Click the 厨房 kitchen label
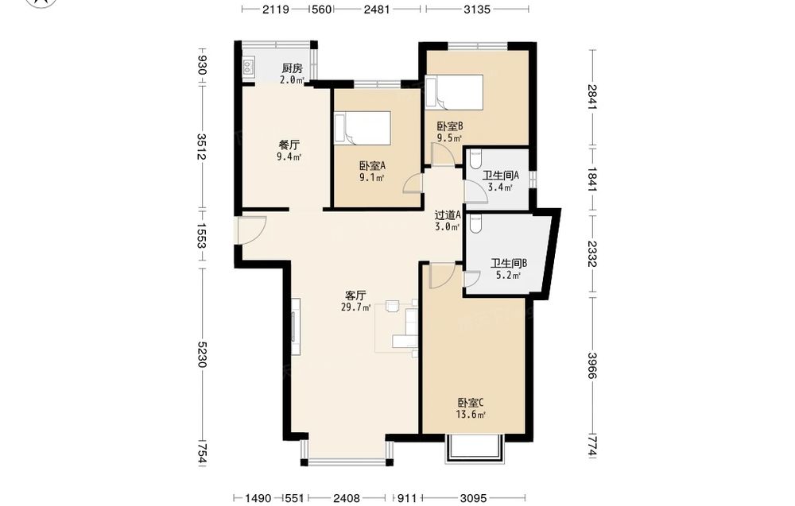[x=292, y=68]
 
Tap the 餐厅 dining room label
[x=289, y=145]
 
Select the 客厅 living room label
[x=355, y=295]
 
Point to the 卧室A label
[x=373, y=166]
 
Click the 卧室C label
[x=471, y=404]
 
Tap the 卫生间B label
[x=509, y=264]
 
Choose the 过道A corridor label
[x=448, y=215]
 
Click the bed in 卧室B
[x=454, y=92]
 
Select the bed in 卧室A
[x=362, y=128]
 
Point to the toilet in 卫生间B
[x=475, y=223]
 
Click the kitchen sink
[x=248, y=66]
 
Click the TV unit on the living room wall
[x=296, y=326]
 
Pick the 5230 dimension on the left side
[x=202, y=354]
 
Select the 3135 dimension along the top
[x=477, y=9]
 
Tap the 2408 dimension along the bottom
[x=347, y=498]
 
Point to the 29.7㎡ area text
[x=356, y=307]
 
